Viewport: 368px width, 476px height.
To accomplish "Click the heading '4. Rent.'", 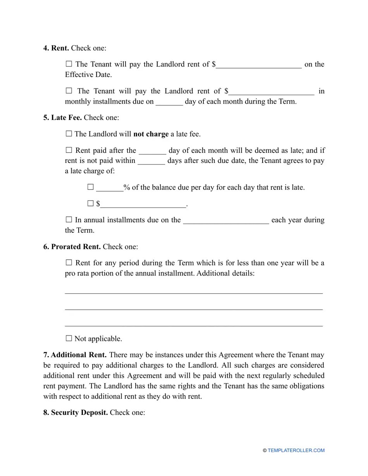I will (56, 48).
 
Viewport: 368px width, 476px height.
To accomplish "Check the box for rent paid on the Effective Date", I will (69, 64).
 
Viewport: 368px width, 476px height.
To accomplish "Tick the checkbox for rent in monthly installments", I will (69, 91).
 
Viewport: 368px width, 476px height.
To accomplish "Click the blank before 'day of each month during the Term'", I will (169, 102).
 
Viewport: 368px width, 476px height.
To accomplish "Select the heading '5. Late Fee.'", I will (62, 117).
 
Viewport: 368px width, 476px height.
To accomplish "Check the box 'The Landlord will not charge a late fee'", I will (69, 134).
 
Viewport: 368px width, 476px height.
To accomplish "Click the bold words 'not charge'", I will (151, 134).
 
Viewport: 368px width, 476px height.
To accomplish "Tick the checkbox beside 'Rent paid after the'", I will (69, 150).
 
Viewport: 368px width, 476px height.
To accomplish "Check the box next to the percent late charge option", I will (91, 187).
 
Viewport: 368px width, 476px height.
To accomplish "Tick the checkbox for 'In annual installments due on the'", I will (69, 220).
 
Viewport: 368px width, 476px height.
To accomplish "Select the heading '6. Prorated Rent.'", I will (72, 247).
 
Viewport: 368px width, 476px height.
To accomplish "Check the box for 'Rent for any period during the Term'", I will (69, 263).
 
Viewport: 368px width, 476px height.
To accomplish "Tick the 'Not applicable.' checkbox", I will (69, 339).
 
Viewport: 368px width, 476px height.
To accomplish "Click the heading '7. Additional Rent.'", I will (75, 355).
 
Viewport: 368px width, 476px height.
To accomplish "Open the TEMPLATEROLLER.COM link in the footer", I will (296, 450).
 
